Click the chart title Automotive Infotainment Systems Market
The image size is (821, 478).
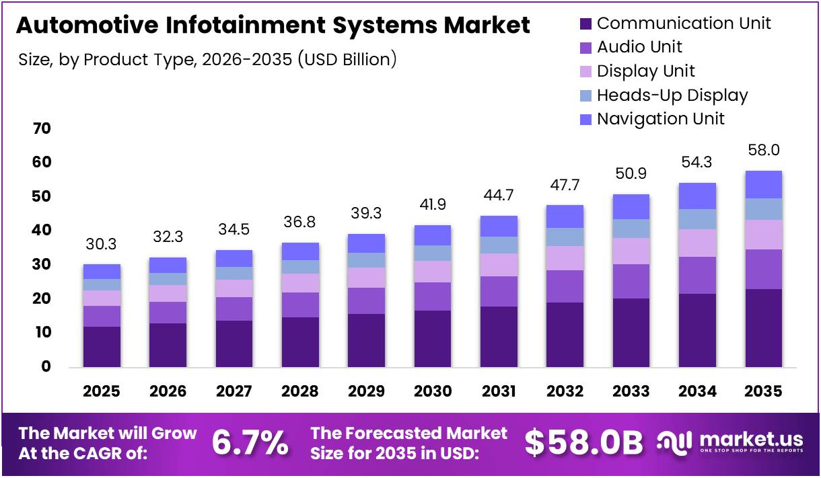tap(273, 26)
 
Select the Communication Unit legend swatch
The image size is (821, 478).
tap(585, 24)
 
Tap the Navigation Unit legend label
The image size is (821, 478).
tap(660, 119)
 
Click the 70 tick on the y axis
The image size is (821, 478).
tap(42, 128)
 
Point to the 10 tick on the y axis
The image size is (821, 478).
tap(42, 333)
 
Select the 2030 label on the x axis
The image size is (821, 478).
tap(432, 391)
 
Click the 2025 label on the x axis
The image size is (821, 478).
tap(102, 391)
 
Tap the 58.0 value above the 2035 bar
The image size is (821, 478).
tap(764, 150)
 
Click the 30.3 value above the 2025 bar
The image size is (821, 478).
tap(102, 243)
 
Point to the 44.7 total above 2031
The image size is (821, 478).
tap(499, 195)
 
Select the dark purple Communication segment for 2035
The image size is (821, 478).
tap(763, 327)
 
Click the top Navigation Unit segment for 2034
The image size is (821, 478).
tap(697, 196)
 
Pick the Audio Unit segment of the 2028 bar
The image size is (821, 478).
tap(300, 305)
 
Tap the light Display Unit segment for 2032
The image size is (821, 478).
tap(565, 258)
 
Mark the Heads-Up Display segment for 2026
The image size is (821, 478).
tap(168, 279)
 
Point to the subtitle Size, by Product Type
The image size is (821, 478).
tap(208, 59)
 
